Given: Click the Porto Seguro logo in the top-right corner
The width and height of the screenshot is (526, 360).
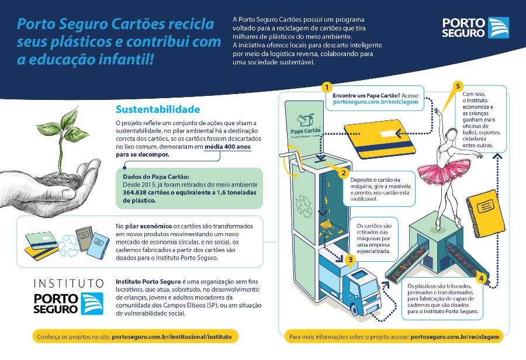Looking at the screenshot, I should pos(476,27).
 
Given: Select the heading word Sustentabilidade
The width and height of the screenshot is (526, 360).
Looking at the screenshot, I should pos(158,109).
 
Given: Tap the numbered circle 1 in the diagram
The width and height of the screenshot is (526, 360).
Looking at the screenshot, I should pos(327,87).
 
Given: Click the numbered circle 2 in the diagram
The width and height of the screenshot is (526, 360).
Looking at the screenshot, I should pos(344,173).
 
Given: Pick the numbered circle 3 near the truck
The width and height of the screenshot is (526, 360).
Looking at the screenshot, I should pos(350,259).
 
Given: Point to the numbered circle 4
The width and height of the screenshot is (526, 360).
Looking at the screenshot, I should pos(481,278).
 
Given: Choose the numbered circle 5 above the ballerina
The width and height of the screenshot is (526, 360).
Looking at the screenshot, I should pos(459,86).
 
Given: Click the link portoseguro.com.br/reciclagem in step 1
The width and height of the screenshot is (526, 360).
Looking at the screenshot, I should pos(375,102).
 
